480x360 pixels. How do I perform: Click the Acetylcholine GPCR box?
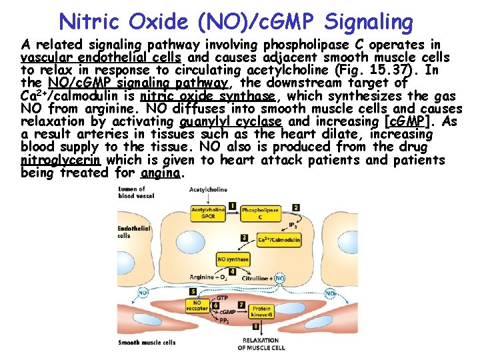[x=208, y=213]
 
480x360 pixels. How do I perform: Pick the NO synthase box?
[x=234, y=259]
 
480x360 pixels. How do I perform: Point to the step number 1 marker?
[x=232, y=205]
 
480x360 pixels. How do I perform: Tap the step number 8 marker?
[x=257, y=327]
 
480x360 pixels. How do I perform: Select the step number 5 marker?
[x=193, y=292]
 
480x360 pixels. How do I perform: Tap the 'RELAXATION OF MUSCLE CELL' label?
[x=261, y=343]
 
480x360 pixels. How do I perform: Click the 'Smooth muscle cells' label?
[x=147, y=343]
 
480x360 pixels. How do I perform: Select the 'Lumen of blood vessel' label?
[x=133, y=193]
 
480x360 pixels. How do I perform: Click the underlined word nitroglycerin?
[x=61, y=160]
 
